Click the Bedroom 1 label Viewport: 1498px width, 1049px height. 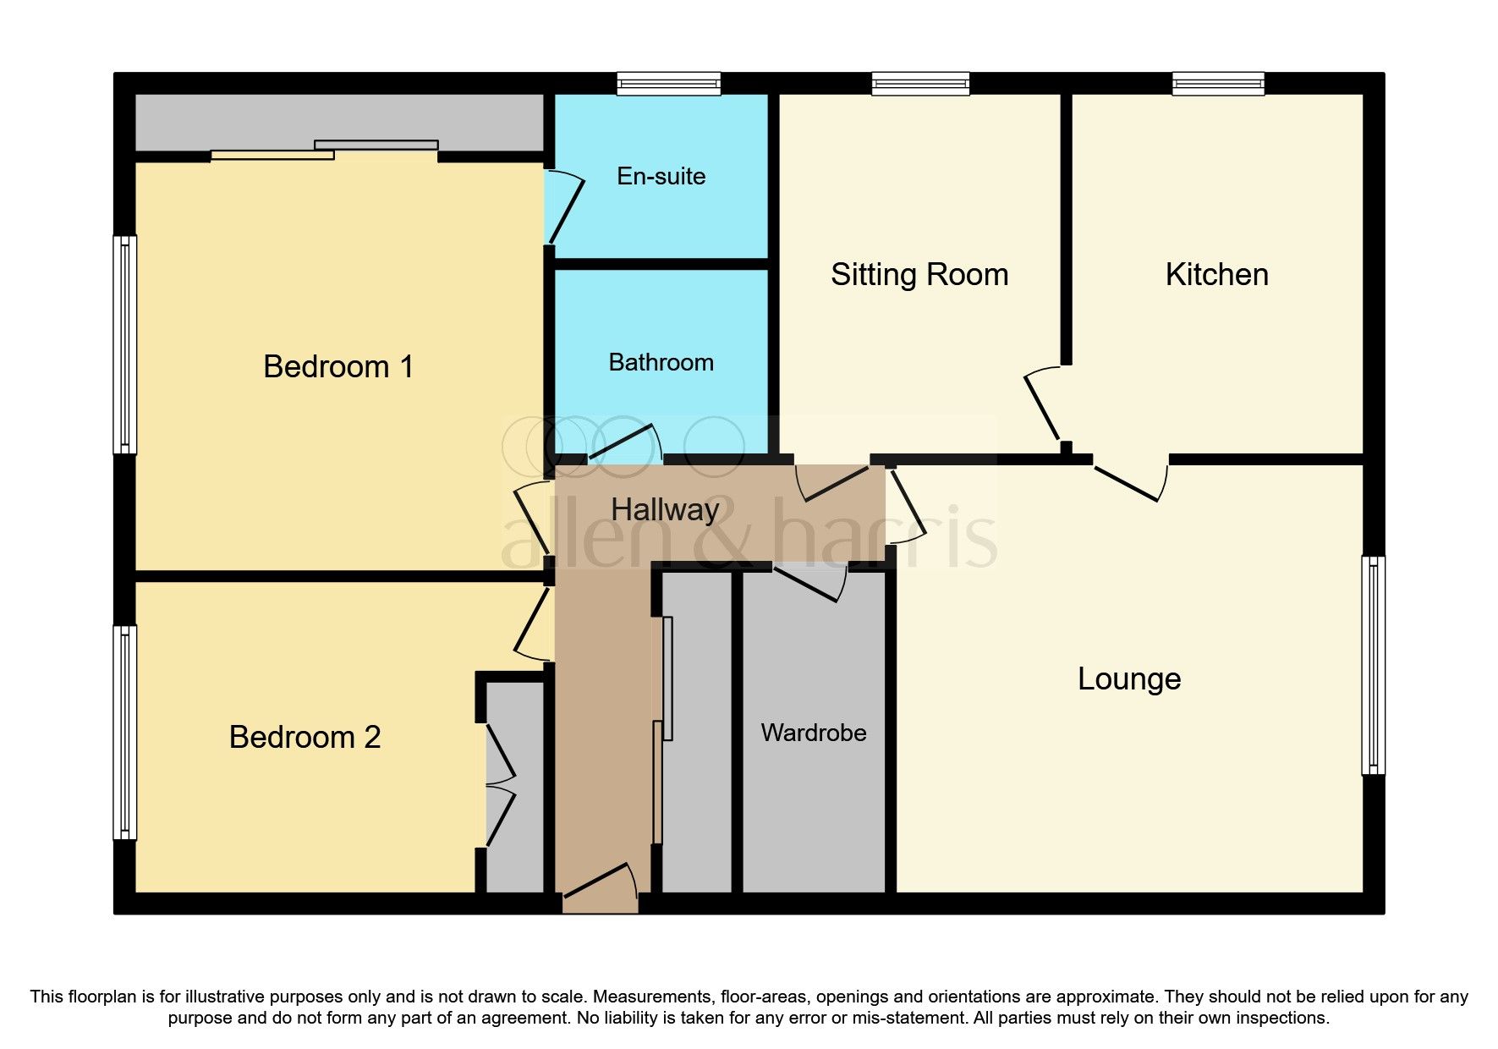click(x=338, y=367)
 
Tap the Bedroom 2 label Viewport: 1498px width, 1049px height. click(x=305, y=738)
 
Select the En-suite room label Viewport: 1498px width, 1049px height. click(x=661, y=176)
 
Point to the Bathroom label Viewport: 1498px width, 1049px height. click(x=661, y=362)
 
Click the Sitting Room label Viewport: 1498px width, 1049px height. click(x=919, y=275)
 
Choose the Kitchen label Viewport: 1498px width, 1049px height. click(x=1217, y=275)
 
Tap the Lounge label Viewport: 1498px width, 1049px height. click(x=1129, y=679)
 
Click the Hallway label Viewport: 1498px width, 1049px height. click(x=666, y=510)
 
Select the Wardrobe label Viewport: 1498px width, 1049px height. click(x=814, y=733)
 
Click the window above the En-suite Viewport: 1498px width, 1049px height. click(x=669, y=83)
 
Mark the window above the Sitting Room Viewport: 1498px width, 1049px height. click(x=921, y=83)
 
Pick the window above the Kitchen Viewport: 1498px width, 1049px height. click(x=1218, y=83)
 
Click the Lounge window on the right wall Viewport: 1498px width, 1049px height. click(x=1374, y=665)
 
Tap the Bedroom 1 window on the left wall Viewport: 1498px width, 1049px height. click(x=125, y=344)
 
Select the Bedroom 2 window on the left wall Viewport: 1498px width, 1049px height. click(x=125, y=733)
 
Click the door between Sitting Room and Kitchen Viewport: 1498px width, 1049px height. click(x=1043, y=405)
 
